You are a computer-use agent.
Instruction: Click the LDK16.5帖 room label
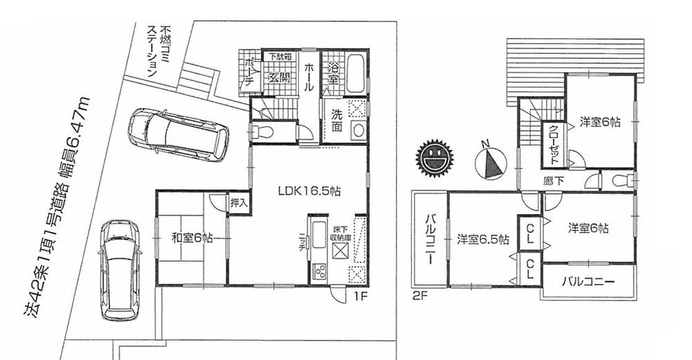point(308,190)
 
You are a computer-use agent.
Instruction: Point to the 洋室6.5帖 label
point(483,240)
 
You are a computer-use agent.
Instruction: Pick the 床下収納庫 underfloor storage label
point(338,238)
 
